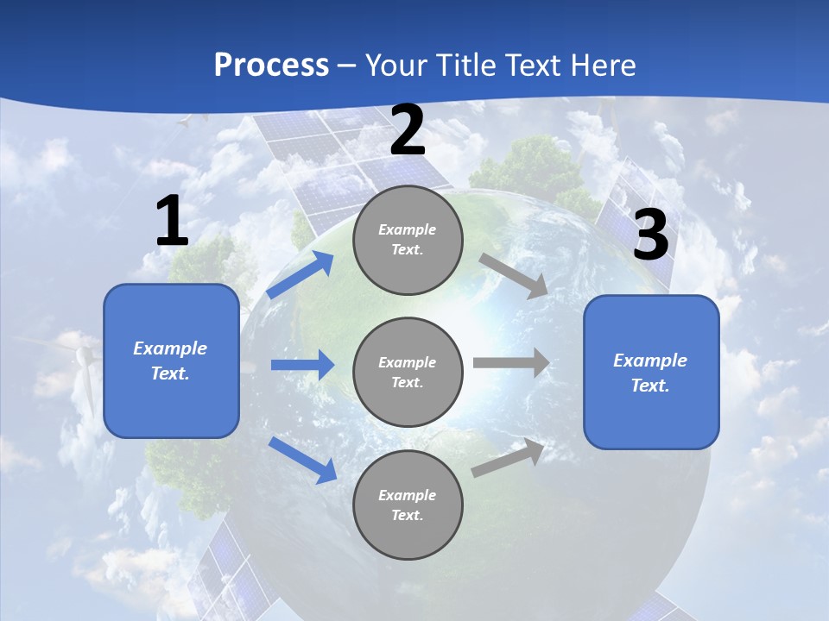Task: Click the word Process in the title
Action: pyautogui.click(x=271, y=66)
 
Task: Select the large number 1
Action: pyautogui.click(x=172, y=222)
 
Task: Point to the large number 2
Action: pyautogui.click(x=408, y=130)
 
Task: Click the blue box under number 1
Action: pyautogui.click(x=171, y=361)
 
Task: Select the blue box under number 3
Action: pyautogui.click(x=651, y=373)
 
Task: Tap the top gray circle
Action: pyautogui.click(x=408, y=240)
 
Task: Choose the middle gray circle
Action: pyautogui.click(x=408, y=372)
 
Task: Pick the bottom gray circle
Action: pyautogui.click(x=408, y=505)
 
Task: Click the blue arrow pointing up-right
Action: pyautogui.click(x=301, y=275)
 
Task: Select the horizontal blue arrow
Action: pyautogui.click(x=302, y=365)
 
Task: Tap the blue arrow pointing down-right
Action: pyautogui.click(x=302, y=460)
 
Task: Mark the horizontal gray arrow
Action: pyautogui.click(x=510, y=362)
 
